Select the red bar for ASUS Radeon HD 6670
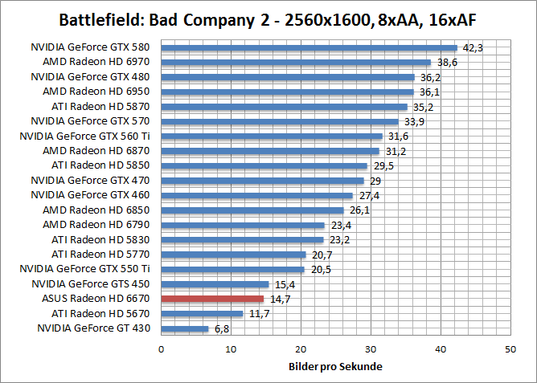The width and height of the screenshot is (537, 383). (x=213, y=299)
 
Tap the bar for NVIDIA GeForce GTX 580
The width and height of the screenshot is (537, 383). (x=309, y=47)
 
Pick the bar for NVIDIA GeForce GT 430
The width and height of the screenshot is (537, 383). (x=185, y=328)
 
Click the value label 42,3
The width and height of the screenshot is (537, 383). (x=471, y=47)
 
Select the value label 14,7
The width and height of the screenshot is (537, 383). (x=279, y=299)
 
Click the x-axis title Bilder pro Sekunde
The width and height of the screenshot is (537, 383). (x=335, y=367)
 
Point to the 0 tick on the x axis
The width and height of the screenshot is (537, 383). (x=162, y=349)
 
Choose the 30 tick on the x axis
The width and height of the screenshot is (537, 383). (x=371, y=349)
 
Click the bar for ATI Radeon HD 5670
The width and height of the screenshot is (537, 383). (x=203, y=313)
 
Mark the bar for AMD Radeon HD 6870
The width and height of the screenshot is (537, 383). (x=270, y=151)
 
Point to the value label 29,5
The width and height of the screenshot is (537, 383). (x=382, y=165)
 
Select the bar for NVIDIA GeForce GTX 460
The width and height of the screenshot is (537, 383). (x=257, y=195)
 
